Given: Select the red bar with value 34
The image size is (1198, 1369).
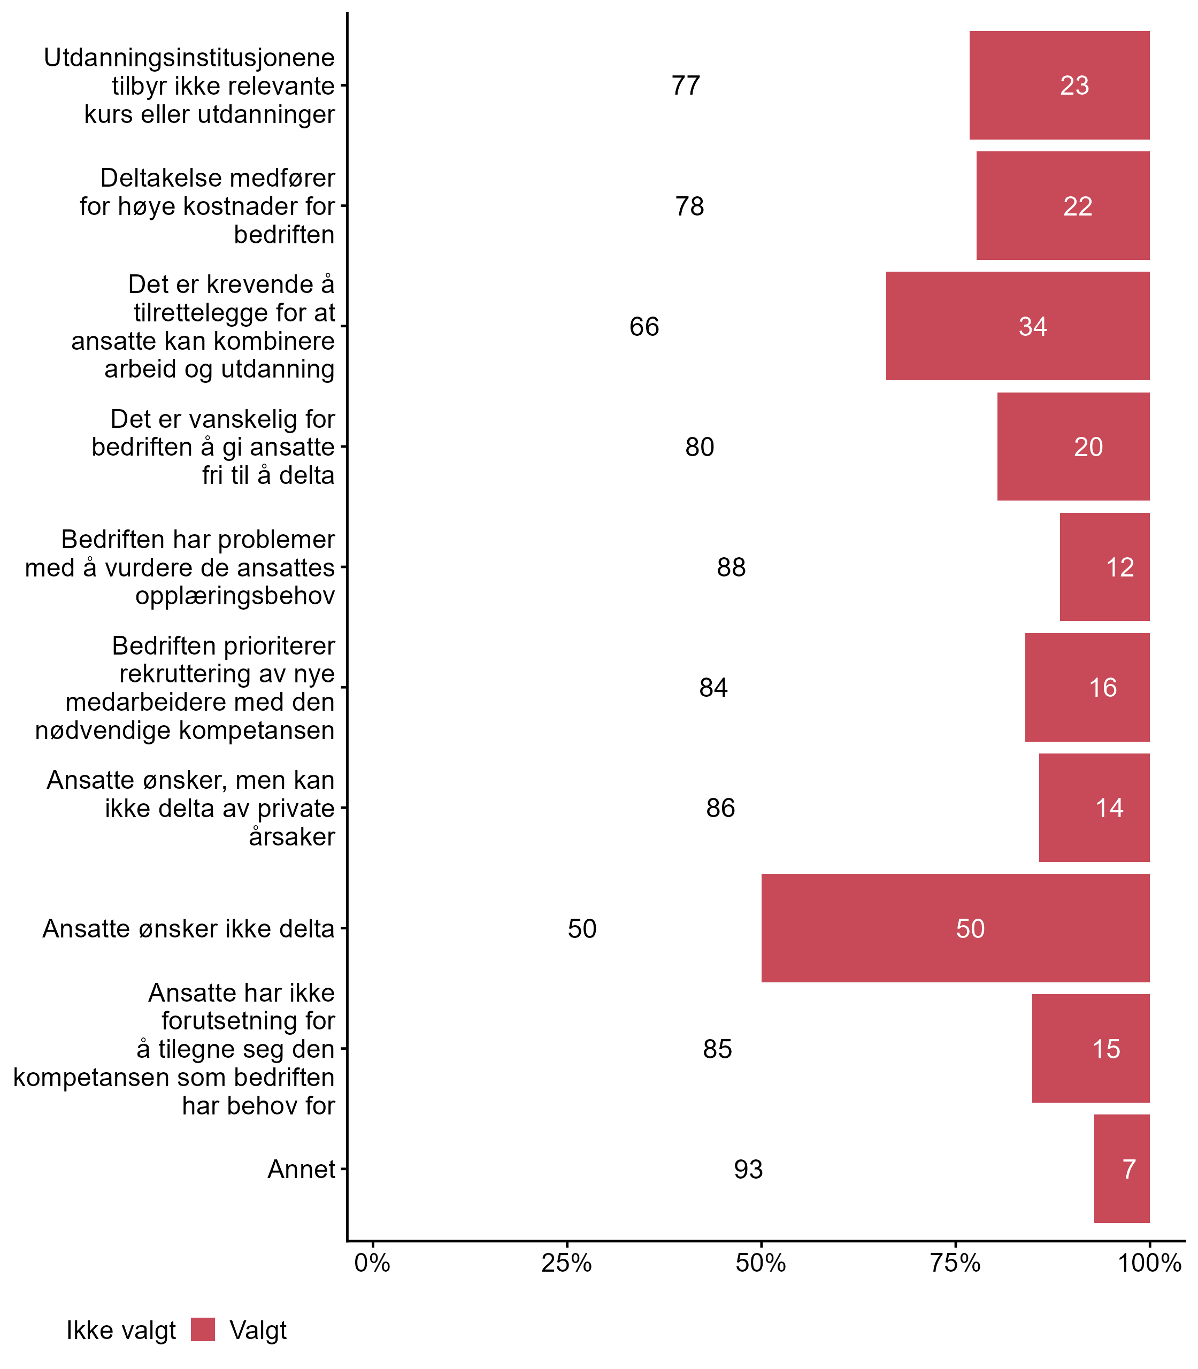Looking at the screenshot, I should (x=1017, y=326).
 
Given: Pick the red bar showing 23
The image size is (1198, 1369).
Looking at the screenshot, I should (x=1059, y=86).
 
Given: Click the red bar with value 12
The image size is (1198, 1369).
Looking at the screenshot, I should (x=1104, y=567).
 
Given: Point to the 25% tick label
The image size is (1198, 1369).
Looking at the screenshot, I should (x=566, y=1263).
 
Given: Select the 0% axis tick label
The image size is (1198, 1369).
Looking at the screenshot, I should (x=372, y=1263).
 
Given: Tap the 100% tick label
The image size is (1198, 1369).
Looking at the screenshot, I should (x=1150, y=1263).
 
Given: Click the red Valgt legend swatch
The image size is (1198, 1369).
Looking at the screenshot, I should (x=203, y=1329).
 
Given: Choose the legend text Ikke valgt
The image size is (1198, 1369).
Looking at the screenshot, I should (x=121, y=1330).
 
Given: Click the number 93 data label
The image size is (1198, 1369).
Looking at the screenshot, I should (x=748, y=1169).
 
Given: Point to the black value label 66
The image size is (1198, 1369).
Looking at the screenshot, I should (x=644, y=326).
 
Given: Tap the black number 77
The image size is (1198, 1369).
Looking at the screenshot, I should (x=686, y=86).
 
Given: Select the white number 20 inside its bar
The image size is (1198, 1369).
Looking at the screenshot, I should (x=1088, y=447).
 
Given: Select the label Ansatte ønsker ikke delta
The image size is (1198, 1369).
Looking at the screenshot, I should (x=188, y=928).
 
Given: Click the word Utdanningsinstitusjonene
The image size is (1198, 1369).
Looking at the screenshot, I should (x=189, y=58).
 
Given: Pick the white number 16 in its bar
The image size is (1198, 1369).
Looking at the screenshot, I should (x=1103, y=687).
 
